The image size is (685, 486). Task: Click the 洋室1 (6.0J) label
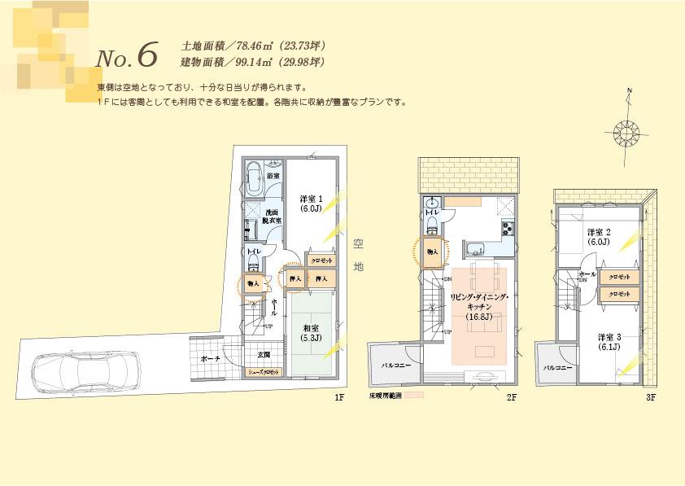pyautogui.click(x=312, y=203)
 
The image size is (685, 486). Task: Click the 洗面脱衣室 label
pyautogui.click(x=273, y=217)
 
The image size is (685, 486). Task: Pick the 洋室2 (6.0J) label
pyautogui.click(x=600, y=236)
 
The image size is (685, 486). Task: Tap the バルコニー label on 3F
pyautogui.click(x=558, y=368)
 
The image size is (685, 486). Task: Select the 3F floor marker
pyautogui.click(x=650, y=397)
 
